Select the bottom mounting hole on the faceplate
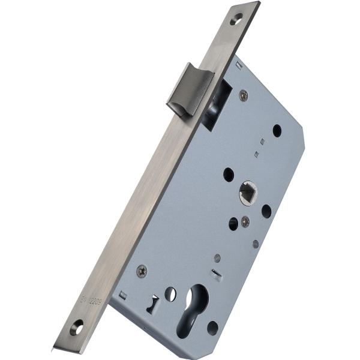(76, 328)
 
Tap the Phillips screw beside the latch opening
(243, 94)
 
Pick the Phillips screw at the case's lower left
(142, 271)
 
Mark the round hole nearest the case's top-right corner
(277, 130)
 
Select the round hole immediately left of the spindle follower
(229, 175)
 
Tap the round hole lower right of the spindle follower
(266, 211)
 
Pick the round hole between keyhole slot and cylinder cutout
(170, 294)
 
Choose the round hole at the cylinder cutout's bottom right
(212, 328)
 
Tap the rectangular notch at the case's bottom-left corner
(122, 295)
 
